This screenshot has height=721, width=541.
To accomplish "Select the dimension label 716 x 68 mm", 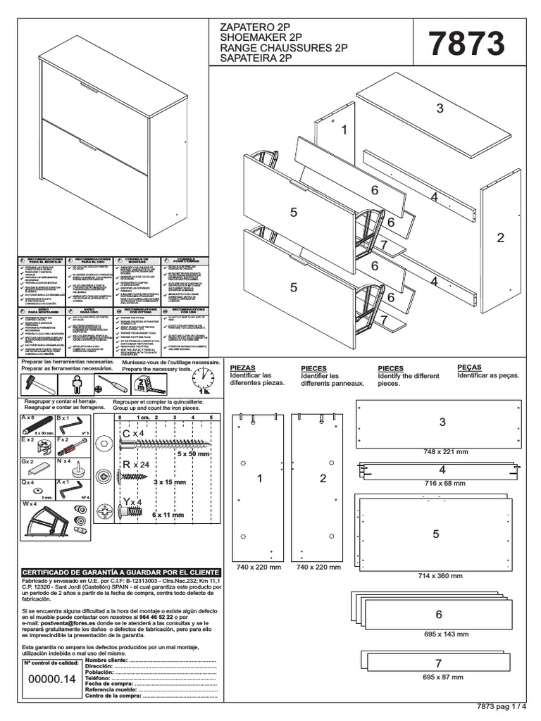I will point(440,484).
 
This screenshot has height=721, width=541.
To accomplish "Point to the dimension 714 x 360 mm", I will point(440,575).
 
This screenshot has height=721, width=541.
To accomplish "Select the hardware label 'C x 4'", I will point(132,433).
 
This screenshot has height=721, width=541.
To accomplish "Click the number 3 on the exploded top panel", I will point(440,108).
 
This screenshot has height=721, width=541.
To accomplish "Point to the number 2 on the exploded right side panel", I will point(501,238).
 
